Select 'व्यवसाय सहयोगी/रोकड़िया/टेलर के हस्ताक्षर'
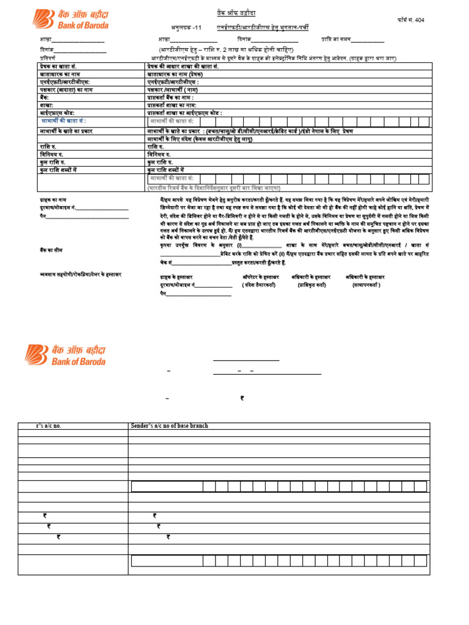[x=76, y=275]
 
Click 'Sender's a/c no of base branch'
[x=169, y=425]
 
